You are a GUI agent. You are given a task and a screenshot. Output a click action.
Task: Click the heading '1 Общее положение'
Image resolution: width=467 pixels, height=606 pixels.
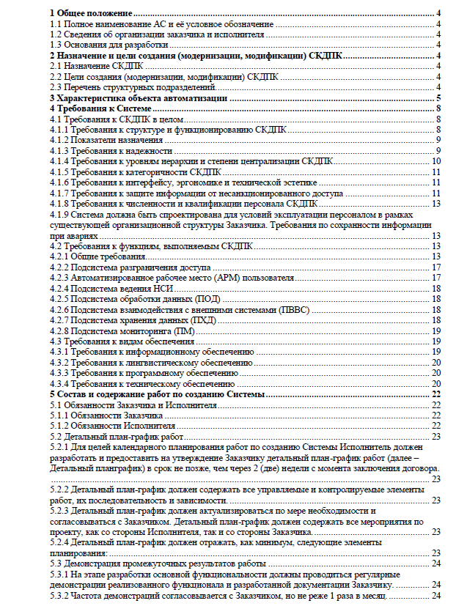point(90,13)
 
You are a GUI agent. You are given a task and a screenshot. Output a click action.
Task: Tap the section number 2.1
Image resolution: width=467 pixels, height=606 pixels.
point(56,66)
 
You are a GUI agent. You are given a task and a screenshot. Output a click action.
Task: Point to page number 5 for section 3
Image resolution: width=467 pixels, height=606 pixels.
point(437,97)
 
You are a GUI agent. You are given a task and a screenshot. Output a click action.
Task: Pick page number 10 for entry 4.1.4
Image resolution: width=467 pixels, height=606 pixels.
point(435,161)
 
